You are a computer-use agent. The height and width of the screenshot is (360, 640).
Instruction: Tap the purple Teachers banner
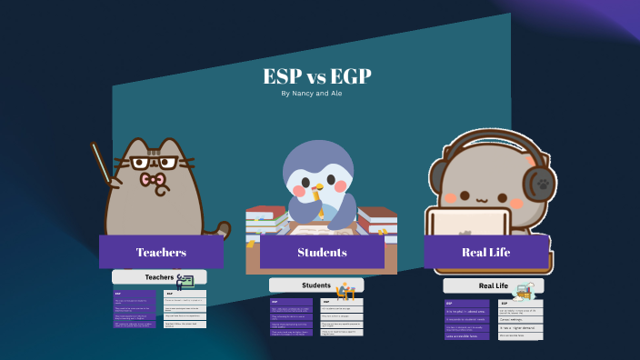161,252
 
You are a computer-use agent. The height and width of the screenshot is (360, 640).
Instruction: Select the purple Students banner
322,252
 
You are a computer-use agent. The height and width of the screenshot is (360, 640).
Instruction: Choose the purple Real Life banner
486,252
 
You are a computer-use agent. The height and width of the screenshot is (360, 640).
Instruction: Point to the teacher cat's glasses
154,164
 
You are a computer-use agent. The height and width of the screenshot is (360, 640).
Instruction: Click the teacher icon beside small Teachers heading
185,281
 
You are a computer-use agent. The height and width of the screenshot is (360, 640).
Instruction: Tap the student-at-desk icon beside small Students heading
345,291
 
